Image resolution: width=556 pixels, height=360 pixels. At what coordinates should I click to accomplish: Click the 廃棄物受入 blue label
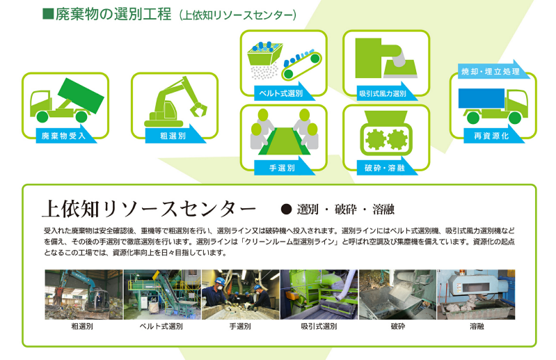click(x=64, y=136)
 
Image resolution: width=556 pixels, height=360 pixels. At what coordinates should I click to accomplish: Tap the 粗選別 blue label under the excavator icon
click(x=173, y=136)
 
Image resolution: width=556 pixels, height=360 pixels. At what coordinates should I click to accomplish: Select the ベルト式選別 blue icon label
click(x=282, y=93)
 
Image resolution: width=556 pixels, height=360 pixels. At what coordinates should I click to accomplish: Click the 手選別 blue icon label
click(x=282, y=168)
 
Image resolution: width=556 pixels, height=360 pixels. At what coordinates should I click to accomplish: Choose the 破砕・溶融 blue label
click(x=384, y=168)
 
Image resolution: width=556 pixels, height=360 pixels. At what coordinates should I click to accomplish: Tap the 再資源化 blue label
click(x=491, y=136)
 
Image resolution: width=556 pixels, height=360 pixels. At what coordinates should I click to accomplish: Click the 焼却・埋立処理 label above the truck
click(x=491, y=71)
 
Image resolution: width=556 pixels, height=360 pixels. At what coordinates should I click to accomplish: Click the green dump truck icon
click(x=67, y=101)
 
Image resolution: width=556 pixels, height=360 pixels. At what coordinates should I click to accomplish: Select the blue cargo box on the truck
click(x=481, y=98)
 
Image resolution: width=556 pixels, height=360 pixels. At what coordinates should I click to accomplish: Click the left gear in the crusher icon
click(x=375, y=139)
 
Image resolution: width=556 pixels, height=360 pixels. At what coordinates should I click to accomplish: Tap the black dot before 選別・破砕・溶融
click(x=286, y=210)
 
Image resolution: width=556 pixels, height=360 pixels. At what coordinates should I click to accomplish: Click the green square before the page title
click(x=48, y=13)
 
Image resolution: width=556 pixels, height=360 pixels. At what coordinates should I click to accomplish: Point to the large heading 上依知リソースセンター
click(x=149, y=209)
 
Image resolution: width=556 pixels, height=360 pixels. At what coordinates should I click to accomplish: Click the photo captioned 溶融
click(x=476, y=295)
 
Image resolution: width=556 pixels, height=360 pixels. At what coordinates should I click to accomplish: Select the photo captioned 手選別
click(x=240, y=295)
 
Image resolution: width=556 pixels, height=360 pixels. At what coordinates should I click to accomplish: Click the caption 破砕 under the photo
click(x=397, y=327)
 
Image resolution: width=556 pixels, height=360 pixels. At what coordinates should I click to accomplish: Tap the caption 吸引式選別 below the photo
click(x=319, y=327)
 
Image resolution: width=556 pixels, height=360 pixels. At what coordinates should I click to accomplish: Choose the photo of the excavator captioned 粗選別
click(x=84, y=295)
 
